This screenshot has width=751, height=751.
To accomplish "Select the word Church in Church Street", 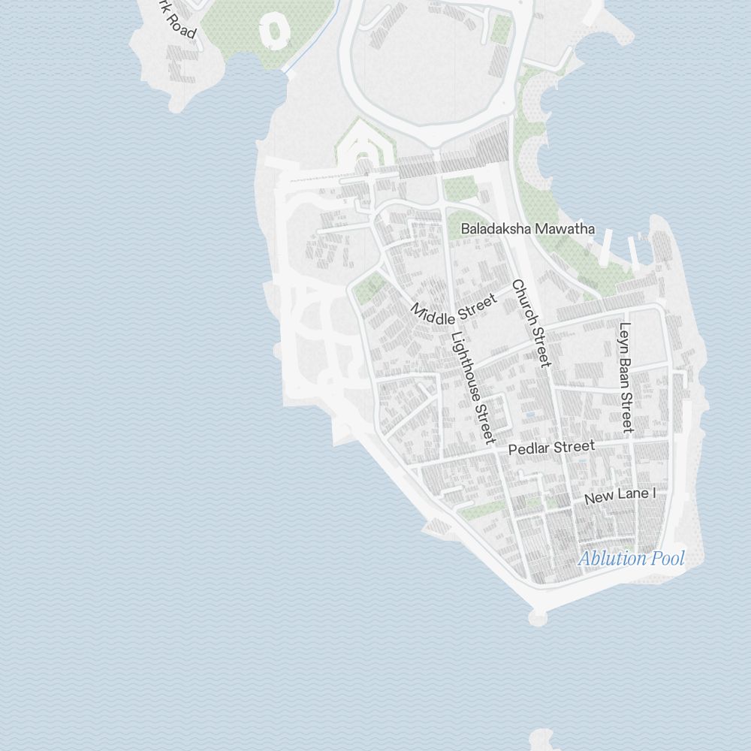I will pyautogui.click(x=525, y=305).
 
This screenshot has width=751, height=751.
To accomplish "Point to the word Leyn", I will pyautogui.click(x=624, y=334).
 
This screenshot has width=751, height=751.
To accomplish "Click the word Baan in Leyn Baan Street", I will pyautogui.click(x=625, y=366).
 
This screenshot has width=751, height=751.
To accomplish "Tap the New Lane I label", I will pyautogui.click(x=620, y=496).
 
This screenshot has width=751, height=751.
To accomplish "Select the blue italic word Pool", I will pyautogui.click(x=668, y=559).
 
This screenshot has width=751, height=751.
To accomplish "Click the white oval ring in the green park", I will pyautogui.click(x=276, y=30).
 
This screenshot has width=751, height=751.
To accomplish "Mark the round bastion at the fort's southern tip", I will pyautogui.click(x=538, y=618).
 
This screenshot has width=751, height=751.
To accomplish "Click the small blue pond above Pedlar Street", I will pyautogui.click(x=530, y=414).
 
